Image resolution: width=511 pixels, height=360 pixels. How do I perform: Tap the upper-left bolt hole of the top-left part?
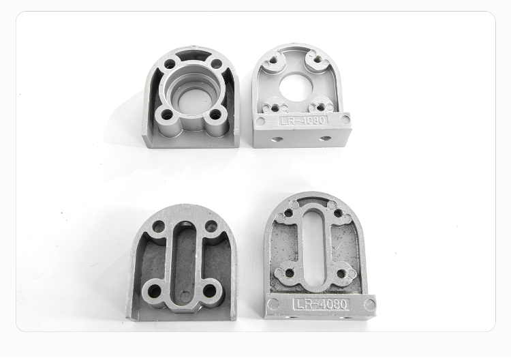click(170, 63)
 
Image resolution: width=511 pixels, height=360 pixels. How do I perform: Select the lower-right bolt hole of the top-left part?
click(215, 115)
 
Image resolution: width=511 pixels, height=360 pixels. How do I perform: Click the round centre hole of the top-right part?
click(296, 86)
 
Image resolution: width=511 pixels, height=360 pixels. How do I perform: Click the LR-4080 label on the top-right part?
click(303, 120)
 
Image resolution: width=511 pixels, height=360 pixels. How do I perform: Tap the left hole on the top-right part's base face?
click(278, 139)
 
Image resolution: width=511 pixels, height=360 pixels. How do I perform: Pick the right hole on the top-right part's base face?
click(324, 138)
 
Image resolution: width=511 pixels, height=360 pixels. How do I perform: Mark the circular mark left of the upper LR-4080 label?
click(260, 121)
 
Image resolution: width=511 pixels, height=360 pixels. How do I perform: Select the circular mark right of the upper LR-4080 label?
click(345, 119)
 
